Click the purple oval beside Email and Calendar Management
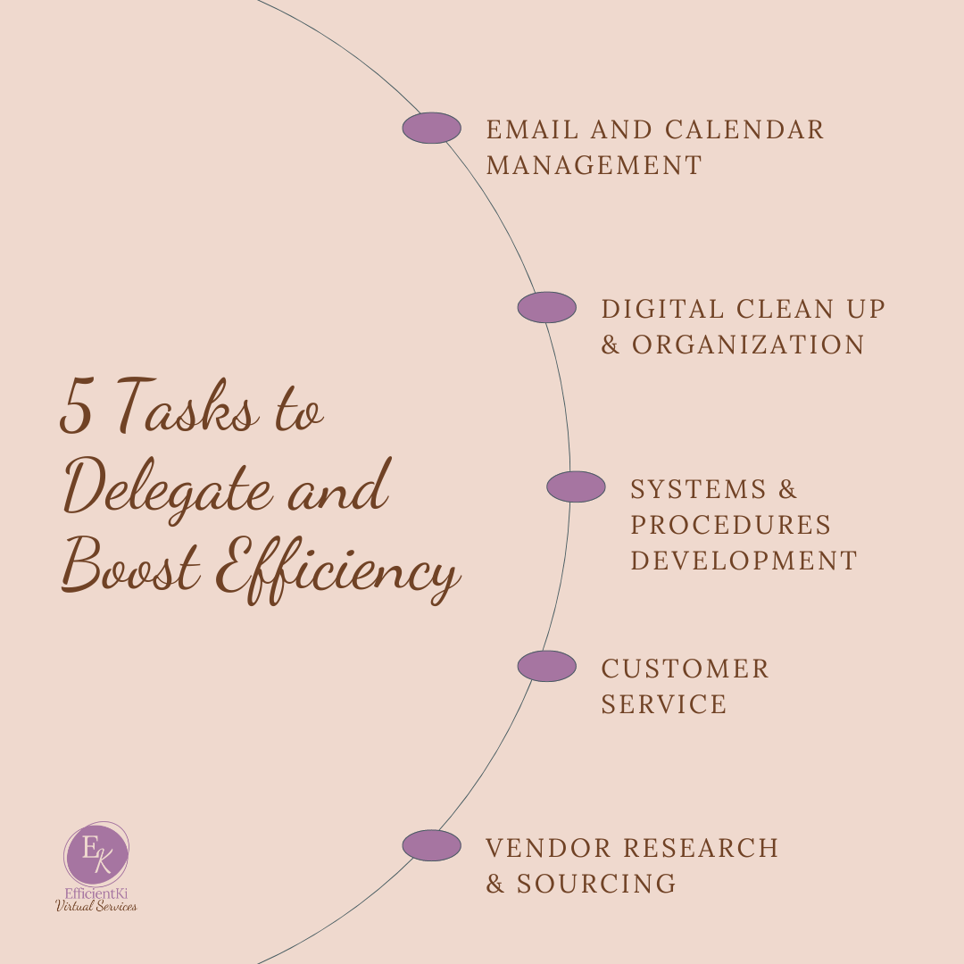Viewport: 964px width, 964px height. pyautogui.click(x=431, y=129)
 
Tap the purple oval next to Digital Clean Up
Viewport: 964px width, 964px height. pyautogui.click(x=546, y=308)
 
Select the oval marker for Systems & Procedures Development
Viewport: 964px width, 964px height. pyautogui.click(x=576, y=487)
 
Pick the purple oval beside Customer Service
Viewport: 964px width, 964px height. pyautogui.click(x=546, y=667)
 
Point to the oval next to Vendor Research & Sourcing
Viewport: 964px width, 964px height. pyautogui.click(x=431, y=846)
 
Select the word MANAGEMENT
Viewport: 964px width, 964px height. pyautogui.click(x=594, y=166)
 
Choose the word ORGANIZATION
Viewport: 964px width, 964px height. pyautogui.click(x=748, y=345)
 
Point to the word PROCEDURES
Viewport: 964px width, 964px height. pyautogui.click(x=730, y=525)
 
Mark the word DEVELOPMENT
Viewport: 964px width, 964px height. pyautogui.click(x=744, y=561)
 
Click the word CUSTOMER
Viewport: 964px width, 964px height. pyautogui.click(x=685, y=669)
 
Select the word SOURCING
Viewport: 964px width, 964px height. pyautogui.click(x=596, y=885)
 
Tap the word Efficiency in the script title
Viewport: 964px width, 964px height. pyautogui.click(x=344, y=571)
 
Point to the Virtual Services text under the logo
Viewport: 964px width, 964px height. pyautogui.click(x=96, y=906)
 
